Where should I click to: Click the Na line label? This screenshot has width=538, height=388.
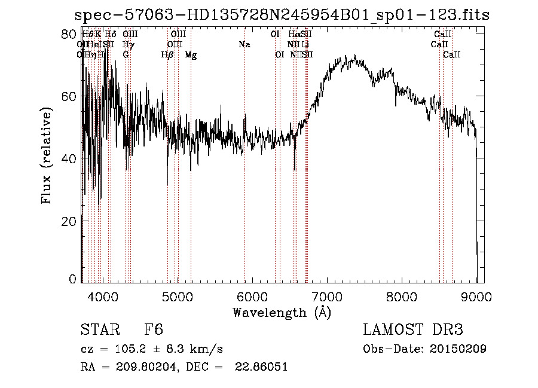pyautogui.click(x=244, y=44)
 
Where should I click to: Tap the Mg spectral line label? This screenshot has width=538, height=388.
pyautogui.click(x=190, y=55)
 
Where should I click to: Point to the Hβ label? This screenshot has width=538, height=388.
pyautogui.click(x=167, y=55)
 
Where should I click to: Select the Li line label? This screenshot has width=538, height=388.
pyautogui.click(x=305, y=44)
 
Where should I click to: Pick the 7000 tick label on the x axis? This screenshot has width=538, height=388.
pyautogui.click(x=326, y=296)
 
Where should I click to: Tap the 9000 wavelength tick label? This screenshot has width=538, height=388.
pyautogui.click(x=476, y=296)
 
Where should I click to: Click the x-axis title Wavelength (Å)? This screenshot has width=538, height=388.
pyautogui.click(x=282, y=312)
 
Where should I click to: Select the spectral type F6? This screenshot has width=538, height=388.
pyautogui.click(x=154, y=330)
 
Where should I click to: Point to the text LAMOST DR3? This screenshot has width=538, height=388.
pyautogui.click(x=413, y=330)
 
